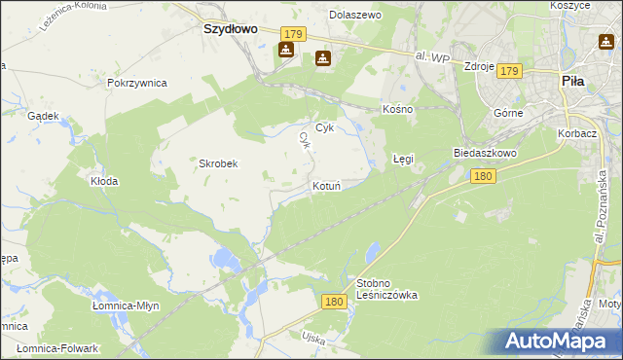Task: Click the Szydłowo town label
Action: (x=231, y=29)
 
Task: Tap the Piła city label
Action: (x=573, y=82)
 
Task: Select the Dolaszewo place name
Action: (x=354, y=16)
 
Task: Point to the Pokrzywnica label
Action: (x=137, y=83)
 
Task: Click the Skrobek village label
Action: (x=219, y=163)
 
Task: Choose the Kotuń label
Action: (x=325, y=185)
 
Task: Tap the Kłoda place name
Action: (x=104, y=181)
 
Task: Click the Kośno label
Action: (x=398, y=109)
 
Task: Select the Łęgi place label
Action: (x=403, y=157)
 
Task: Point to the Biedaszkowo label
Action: (x=484, y=154)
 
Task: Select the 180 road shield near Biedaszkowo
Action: (x=484, y=176)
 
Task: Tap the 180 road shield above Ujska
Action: (x=334, y=303)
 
